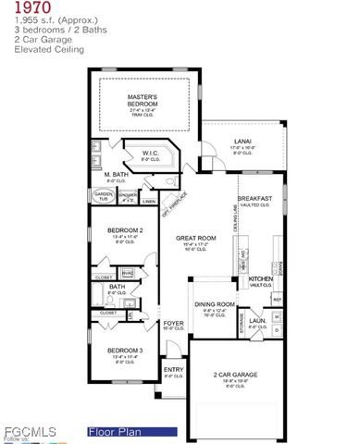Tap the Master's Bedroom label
click(x=143, y=98)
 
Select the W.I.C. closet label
click(x=151, y=154)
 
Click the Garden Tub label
click(x=102, y=193)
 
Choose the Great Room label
click(x=195, y=238)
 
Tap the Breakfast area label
click(x=254, y=198)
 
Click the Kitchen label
click(x=260, y=278)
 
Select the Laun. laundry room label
click(x=257, y=321)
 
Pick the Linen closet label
click(x=149, y=199)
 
